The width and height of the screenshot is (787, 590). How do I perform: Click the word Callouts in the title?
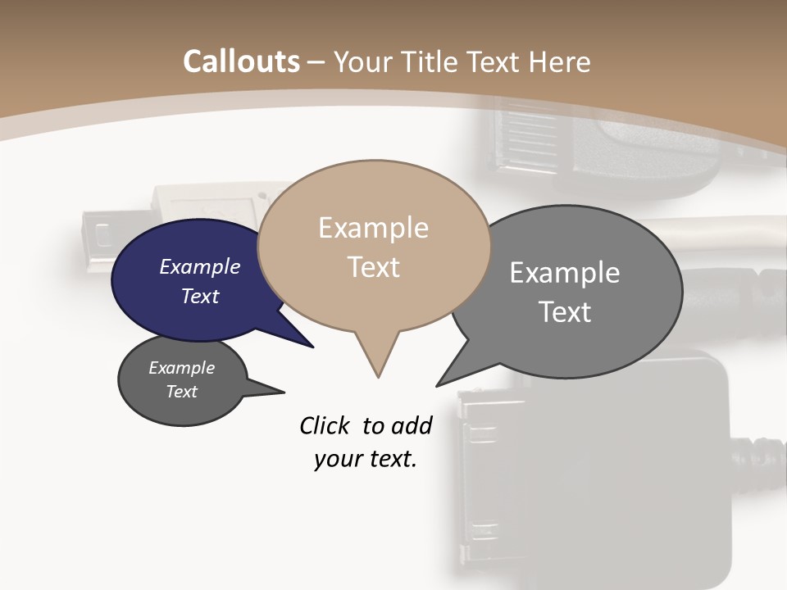coord(241,61)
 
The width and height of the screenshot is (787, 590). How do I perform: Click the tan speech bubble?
coord(374,205)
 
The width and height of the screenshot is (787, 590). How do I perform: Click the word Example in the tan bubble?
coord(373,228)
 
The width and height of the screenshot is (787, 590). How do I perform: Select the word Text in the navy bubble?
coord(199,296)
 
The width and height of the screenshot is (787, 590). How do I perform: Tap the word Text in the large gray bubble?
coord(565,311)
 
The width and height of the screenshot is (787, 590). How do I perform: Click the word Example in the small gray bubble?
coord(182,368)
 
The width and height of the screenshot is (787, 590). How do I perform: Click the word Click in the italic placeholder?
coord(325,425)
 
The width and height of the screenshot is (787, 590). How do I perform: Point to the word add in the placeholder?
coord(411,425)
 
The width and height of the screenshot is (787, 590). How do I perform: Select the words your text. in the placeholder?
coord(366,459)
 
